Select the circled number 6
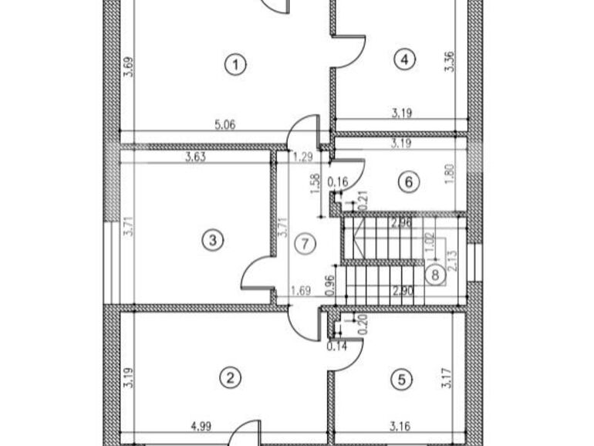tap(409, 182)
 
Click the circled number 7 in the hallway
tap(305, 244)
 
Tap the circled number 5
tap(401, 380)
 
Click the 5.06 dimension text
tap(224, 123)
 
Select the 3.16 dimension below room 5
tap(400, 424)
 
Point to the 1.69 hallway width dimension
tap(301, 291)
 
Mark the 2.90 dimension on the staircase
tap(402, 291)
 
